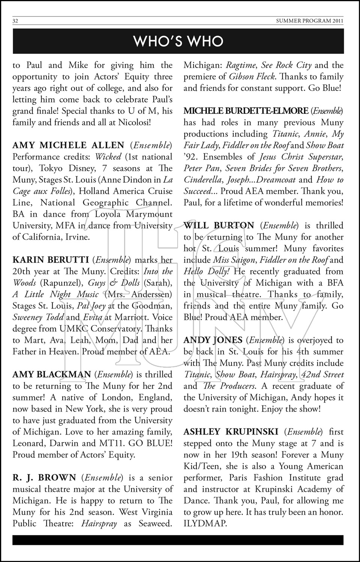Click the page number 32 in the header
coord(15,21)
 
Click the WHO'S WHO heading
coord(178,41)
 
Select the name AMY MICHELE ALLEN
coord(68,145)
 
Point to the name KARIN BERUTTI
coord(51,260)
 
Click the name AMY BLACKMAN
coord(52,374)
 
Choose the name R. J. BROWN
coord(44,478)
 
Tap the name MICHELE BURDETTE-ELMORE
coord(246,111)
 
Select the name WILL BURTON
coord(219,226)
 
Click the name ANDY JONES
coord(213,340)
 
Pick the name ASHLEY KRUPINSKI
coord(231,432)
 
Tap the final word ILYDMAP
coord(205,523)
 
